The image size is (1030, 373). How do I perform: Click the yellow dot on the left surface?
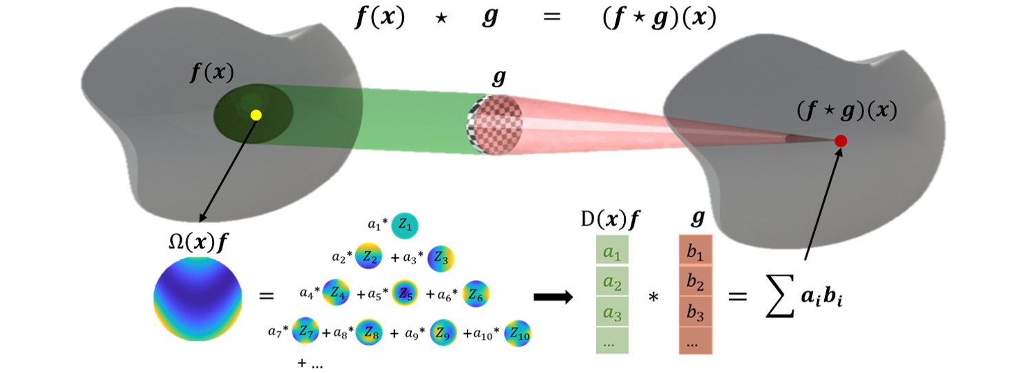pos(256,115)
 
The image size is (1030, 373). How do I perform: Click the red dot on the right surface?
pos(841,140)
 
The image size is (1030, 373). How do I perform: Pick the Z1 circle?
pos(406,225)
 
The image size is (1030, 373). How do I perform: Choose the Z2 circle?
pos(368,257)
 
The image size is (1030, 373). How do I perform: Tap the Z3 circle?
pos(441,259)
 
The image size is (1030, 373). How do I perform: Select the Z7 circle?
pos(306,331)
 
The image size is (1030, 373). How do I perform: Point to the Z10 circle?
pos(518,334)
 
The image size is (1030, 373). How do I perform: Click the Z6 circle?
pos(475,294)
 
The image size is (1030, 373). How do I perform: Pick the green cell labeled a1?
pos(612,252)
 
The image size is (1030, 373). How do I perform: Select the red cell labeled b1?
pos(695,255)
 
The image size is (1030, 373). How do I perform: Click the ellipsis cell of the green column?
pos(612,341)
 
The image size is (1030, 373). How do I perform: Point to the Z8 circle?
pos(370,332)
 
